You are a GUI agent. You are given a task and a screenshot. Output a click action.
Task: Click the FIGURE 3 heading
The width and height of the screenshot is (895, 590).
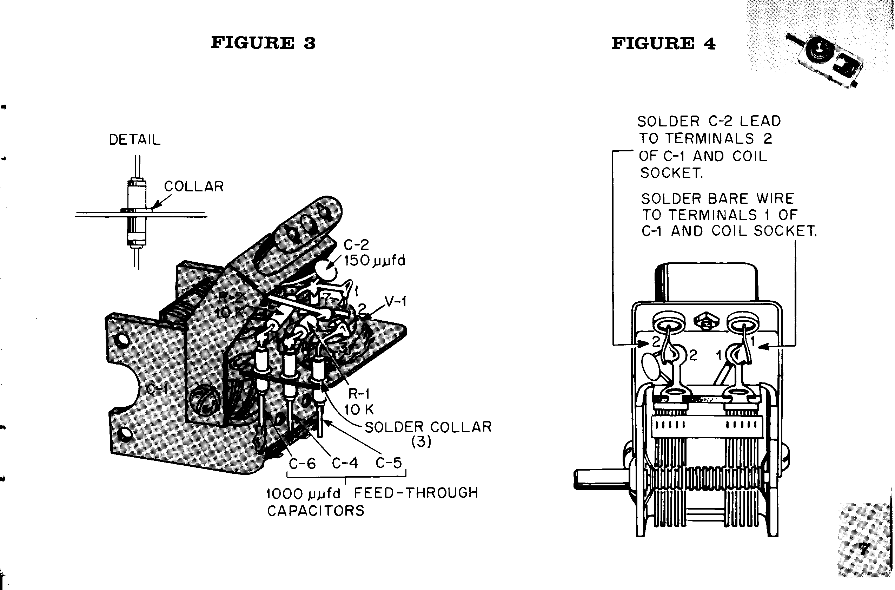tap(263, 43)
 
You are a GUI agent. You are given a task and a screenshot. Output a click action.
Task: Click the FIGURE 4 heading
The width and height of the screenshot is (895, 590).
tap(663, 44)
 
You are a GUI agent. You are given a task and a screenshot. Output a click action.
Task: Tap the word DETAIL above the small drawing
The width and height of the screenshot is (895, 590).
tap(135, 140)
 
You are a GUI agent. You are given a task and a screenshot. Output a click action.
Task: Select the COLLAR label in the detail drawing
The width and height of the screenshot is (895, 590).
tap(194, 186)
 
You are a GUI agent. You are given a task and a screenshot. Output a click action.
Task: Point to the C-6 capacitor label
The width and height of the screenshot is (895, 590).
tap(302, 464)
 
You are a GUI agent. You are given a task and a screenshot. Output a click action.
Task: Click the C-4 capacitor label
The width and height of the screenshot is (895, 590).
tap(345, 463)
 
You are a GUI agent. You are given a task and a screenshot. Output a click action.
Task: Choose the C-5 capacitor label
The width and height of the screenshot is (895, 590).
tap(389, 463)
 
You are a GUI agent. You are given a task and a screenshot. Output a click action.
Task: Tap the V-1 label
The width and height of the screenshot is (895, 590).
tap(396, 301)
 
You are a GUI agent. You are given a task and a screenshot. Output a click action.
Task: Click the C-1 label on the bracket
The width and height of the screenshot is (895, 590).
tap(157, 389)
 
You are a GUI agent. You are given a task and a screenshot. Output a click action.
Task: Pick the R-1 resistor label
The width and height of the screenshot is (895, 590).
tap(359, 394)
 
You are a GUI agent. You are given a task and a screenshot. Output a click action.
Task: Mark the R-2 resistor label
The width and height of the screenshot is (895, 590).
tap(231, 298)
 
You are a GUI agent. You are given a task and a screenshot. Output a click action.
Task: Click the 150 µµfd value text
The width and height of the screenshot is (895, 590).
tap(374, 260)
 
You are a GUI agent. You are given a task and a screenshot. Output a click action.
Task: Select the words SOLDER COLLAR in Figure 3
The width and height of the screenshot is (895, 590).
tap(428, 427)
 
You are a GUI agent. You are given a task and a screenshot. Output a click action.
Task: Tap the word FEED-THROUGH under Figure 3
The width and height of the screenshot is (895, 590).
tap(416, 492)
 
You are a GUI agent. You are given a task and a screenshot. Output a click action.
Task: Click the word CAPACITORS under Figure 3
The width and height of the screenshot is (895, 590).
tap(316, 511)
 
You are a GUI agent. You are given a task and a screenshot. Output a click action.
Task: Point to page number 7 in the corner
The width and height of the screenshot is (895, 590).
tap(864, 549)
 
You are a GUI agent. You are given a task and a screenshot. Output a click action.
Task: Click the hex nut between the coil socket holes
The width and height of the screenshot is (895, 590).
tap(706, 321)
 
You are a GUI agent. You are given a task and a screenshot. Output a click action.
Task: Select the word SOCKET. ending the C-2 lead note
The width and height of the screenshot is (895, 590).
tap(671, 173)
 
